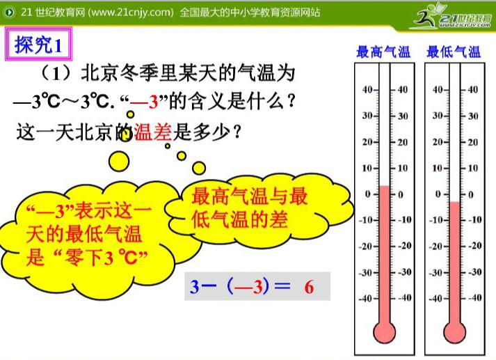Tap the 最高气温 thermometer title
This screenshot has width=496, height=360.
coord(383,52)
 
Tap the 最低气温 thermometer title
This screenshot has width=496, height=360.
coord(454,52)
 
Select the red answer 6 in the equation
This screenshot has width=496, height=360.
coord(309,286)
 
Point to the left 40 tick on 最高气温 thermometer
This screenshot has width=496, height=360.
coord(368,89)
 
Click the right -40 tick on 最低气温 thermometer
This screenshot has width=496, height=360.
coord(473,298)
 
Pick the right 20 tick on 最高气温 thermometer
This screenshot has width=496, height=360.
coord(403,142)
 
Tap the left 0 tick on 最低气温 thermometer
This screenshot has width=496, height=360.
coord(438,194)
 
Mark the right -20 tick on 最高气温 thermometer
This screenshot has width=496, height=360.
coord(403,246)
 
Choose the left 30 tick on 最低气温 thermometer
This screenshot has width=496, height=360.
coord(438,116)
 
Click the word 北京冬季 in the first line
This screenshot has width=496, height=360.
coord(122,73)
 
